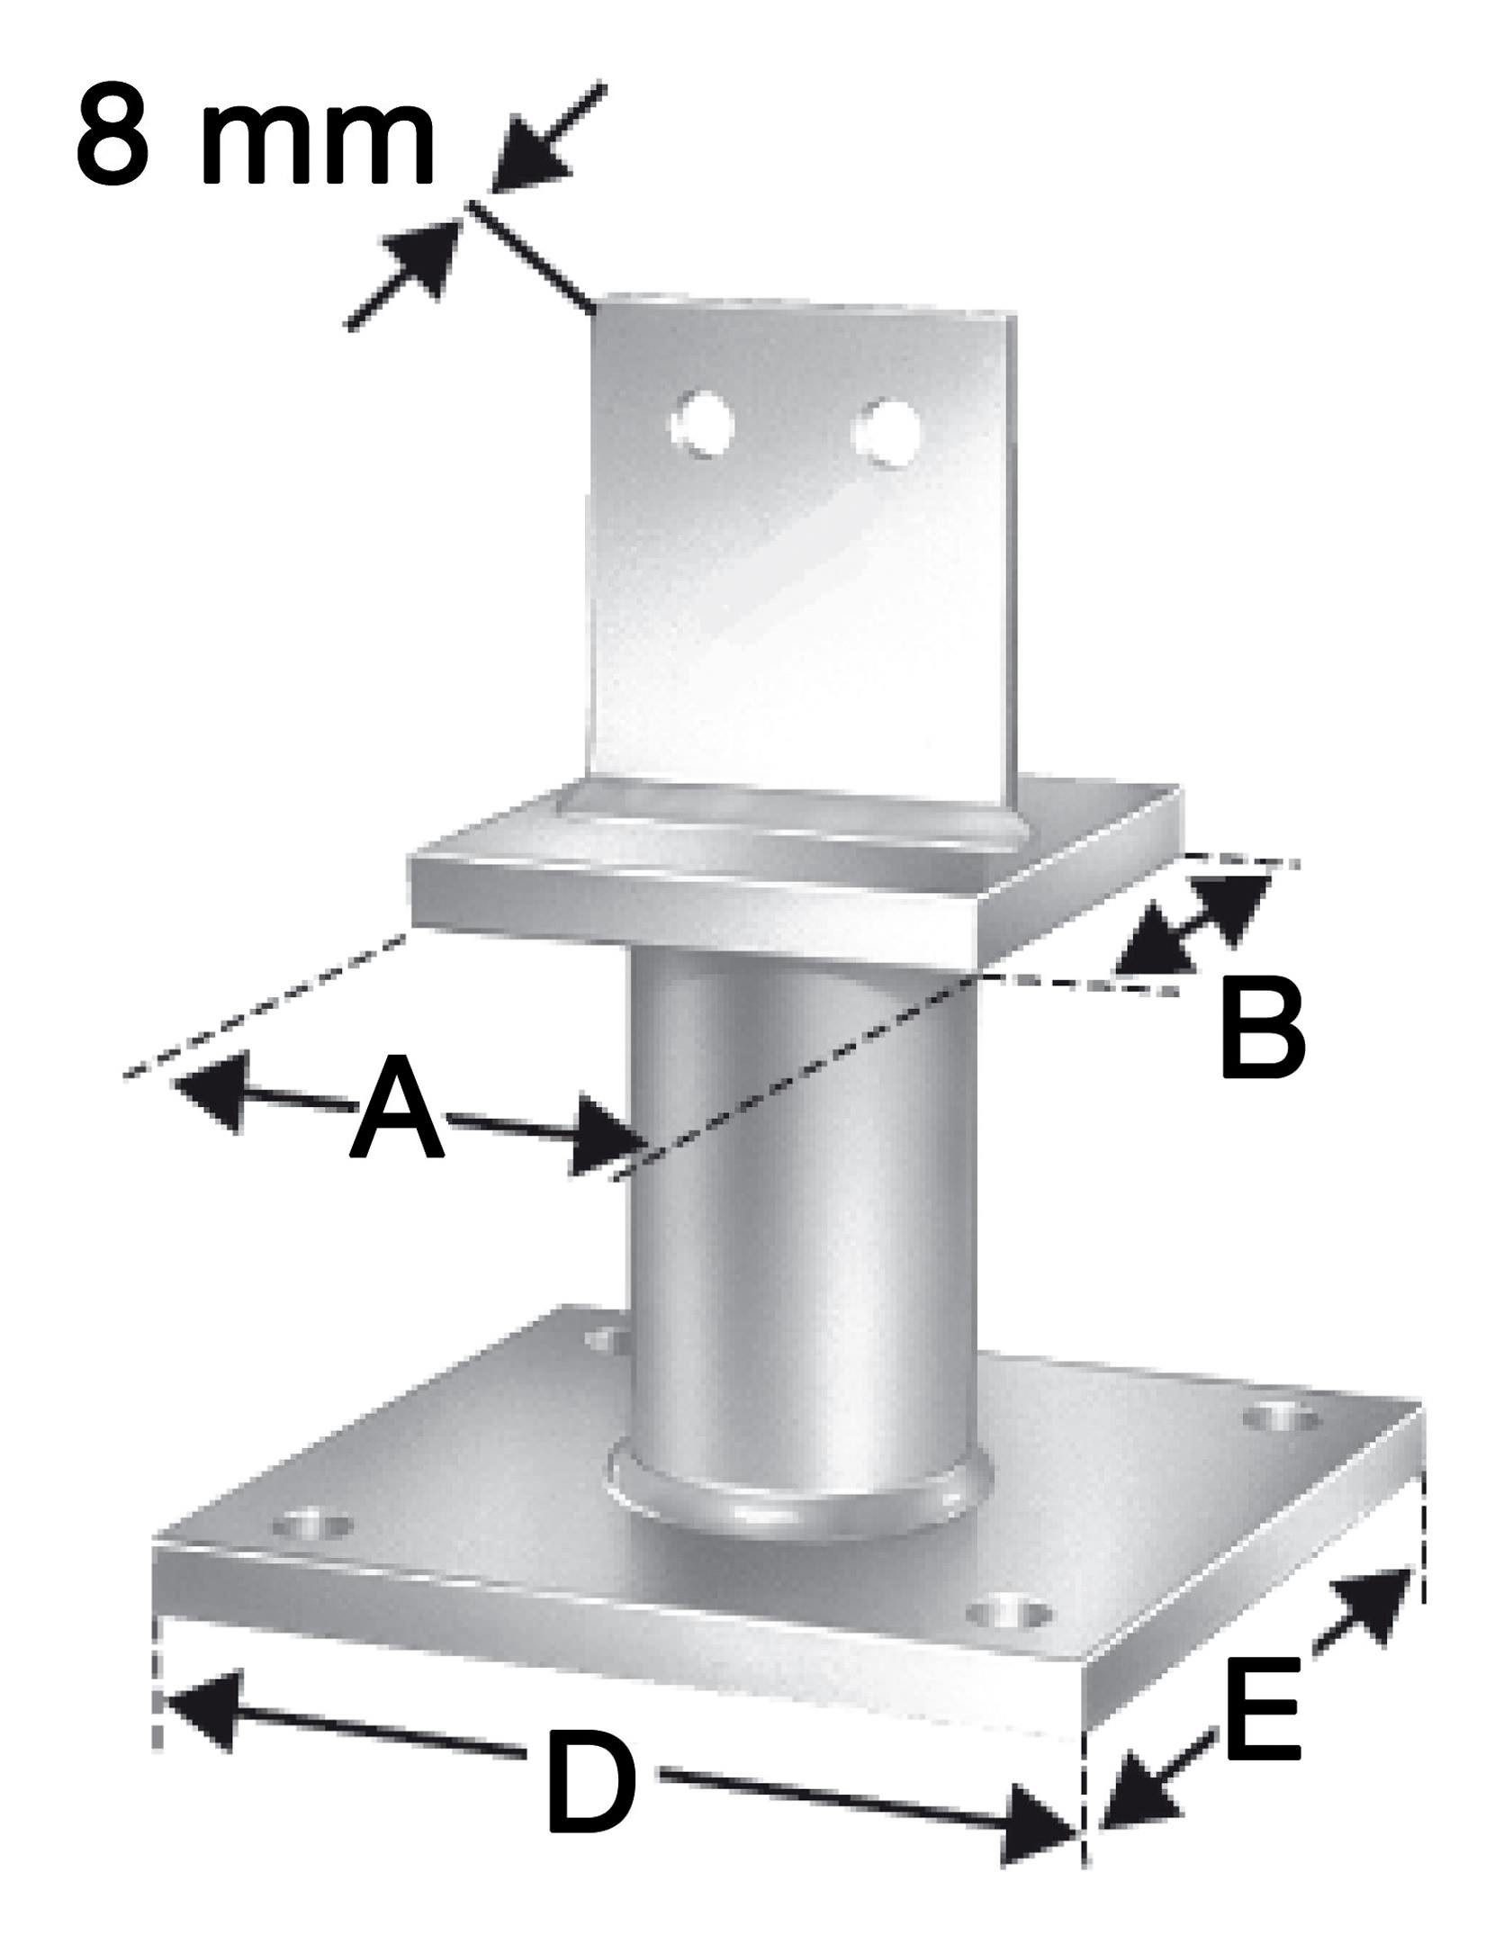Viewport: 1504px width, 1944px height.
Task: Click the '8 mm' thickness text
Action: pos(256,133)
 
